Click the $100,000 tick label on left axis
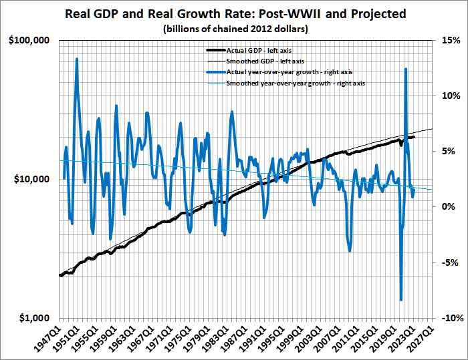(x=29, y=41)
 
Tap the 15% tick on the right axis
(x=449, y=41)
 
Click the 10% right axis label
(x=449, y=96)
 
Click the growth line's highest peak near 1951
(x=77, y=59)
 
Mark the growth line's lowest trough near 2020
(x=400, y=300)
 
